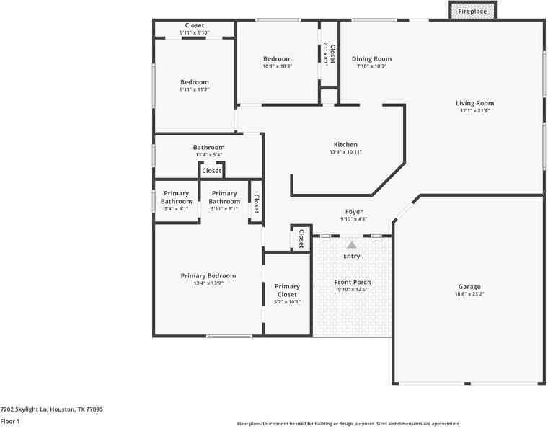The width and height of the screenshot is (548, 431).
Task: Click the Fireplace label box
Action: tap(472, 12)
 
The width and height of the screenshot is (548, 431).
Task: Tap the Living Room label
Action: tap(474, 103)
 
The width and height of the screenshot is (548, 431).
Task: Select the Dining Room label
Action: tap(371, 58)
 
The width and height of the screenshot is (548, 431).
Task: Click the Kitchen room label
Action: tap(345, 144)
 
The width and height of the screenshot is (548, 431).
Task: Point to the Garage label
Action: tap(469, 286)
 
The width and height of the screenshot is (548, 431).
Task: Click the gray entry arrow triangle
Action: tap(352, 245)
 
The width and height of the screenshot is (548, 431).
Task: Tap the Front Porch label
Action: tap(353, 282)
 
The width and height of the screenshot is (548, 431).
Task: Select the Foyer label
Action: tap(353, 212)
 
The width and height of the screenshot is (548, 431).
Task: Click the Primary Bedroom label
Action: tap(208, 275)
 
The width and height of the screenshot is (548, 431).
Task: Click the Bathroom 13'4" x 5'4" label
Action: tap(208, 147)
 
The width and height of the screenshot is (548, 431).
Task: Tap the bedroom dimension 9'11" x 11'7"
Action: tap(194, 89)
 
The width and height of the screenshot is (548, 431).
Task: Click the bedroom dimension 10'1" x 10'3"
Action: tap(277, 66)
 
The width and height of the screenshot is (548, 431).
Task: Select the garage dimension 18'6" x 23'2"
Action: tap(469, 294)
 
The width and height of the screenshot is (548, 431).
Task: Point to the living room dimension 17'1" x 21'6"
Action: tap(474, 111)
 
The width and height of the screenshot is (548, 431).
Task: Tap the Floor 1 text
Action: tap(10, 421)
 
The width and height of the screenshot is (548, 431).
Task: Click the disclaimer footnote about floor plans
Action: tap(348, 424)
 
